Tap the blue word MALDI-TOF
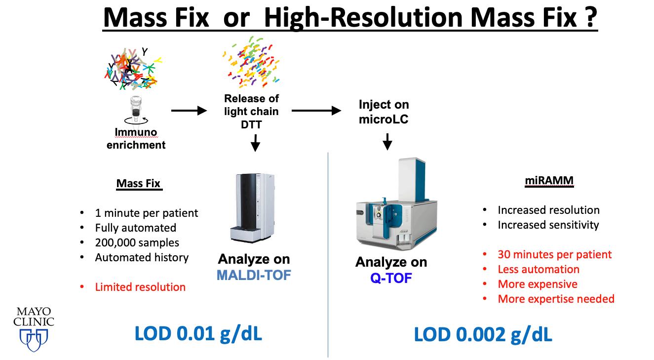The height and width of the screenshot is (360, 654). [x=254, y=275]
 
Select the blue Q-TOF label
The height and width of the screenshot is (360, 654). [x=391, y=278]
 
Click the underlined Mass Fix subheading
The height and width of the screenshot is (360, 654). [x=138, y=184]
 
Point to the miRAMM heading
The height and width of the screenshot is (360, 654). [x=549, y=181]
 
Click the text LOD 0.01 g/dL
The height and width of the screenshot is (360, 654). [x=198, y=334]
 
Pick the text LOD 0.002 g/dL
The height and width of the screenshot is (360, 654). [x=483, y=335]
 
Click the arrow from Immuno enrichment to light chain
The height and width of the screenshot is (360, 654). [x=189, y=111]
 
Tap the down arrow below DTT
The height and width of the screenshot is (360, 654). [x=256, y=143]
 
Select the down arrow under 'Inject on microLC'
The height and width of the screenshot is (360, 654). [x=387, y=142]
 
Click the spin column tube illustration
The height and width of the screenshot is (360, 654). [x=136, y=110]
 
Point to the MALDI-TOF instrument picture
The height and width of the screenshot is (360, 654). [x=253, y=208]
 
